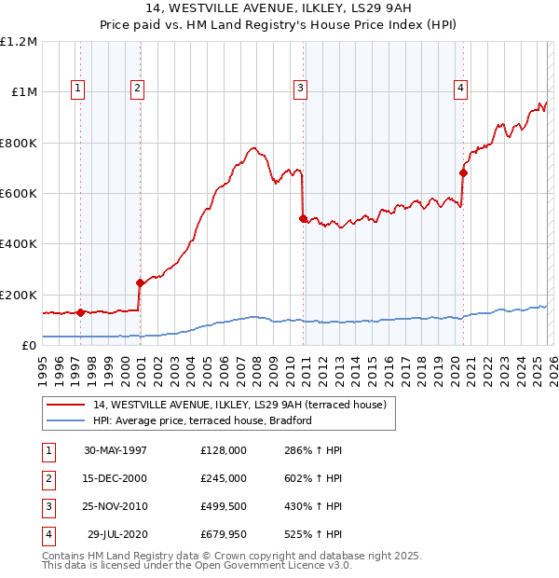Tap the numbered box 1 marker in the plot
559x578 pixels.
click(77, 89)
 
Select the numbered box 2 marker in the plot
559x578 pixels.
click(137, 89)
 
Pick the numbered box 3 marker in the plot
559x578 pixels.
click(301, 89)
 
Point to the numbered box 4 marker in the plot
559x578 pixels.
click(460, 89)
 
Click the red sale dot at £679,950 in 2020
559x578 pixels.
click(463, 172)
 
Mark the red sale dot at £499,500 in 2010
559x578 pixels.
click(303, 218)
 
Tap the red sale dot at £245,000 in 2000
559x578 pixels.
click(140, 282)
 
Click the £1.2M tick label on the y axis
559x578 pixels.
click(19, 42)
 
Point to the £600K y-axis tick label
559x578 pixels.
click(19, 193)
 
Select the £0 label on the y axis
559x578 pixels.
click(28, 345)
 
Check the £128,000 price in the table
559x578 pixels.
click(223, 450)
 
